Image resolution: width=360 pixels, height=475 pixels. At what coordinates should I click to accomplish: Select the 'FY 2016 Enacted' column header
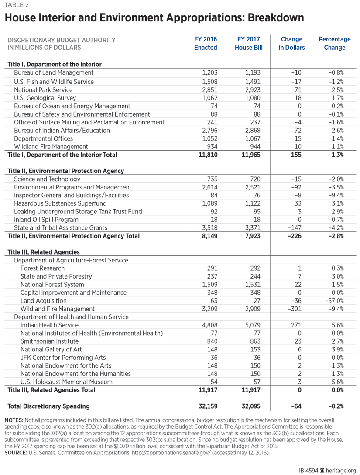pos(206,43)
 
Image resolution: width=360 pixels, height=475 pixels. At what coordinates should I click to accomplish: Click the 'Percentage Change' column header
pos(335,43)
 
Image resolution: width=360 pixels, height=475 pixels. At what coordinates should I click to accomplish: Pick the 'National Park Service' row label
pos(43,89)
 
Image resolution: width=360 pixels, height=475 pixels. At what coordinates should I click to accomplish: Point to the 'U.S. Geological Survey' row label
pos(45,98)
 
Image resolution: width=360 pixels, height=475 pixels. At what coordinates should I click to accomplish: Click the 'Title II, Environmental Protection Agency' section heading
pos(66,171)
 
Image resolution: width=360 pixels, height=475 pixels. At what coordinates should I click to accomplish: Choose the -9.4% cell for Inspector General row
pos(336,195)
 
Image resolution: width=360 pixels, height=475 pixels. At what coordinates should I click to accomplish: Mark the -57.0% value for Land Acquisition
pos(334,300)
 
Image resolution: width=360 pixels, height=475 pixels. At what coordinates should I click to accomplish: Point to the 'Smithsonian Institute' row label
pos(49,341)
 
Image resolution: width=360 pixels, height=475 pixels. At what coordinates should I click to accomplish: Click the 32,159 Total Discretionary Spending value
pos(206,406)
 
